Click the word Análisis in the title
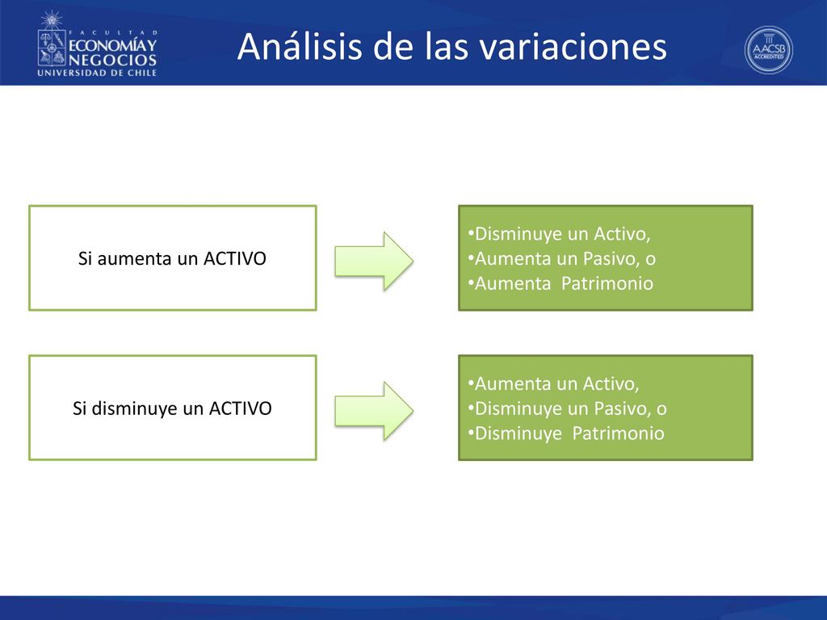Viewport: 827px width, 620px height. tap(300, 46)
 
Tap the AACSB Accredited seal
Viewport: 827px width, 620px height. tap(769, 50)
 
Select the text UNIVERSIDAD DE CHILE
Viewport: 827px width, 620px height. tap(97, 73)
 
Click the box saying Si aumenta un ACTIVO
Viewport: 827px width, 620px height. tap(173, 258)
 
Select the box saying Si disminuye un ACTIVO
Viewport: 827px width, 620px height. tap(173, 408)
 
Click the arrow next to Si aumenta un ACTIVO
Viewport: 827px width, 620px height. tap(374, 261)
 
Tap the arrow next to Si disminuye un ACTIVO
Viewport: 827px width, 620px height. tap(374, 411)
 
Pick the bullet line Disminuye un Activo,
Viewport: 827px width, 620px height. tap(559, 233)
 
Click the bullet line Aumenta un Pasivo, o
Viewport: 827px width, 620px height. tap(562, 258)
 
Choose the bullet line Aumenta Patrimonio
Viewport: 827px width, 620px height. tap(560, 283)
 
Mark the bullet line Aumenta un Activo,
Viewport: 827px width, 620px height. tap(553, 383)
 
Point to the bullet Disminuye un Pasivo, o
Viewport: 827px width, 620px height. tap(567, 408)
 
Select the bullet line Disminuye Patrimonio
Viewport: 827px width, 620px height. tap(566, 433)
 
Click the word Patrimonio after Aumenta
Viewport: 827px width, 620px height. tap(607, 283)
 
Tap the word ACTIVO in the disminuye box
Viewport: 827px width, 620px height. tap(241, 408)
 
